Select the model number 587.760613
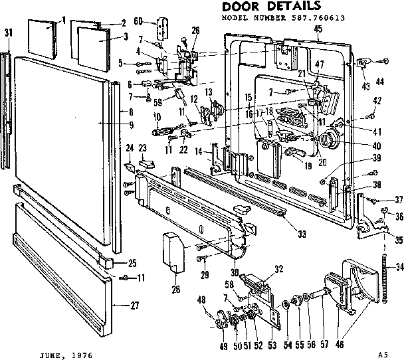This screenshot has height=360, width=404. click(316, 19)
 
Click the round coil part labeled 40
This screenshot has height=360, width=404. click(327, 141)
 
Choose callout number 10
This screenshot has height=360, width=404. click(156, 116)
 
